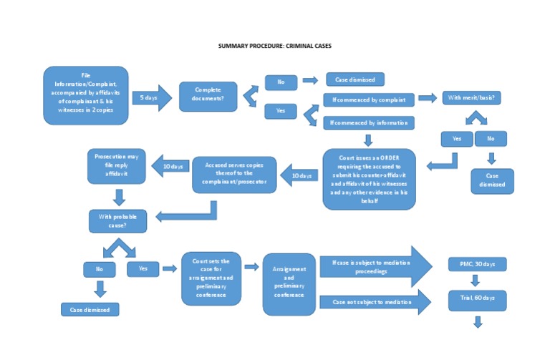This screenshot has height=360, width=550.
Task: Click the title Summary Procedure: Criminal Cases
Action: pos(275,46)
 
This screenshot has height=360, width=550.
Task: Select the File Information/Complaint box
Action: pos(86,96)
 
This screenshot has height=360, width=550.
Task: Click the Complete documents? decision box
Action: pos(208,96)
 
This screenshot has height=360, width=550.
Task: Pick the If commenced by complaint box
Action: pos(368,99)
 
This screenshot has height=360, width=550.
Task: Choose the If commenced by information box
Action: pos(368,122)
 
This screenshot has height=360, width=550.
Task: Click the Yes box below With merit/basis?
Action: pos(456,138)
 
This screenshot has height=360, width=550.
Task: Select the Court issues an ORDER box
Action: pos(369,178)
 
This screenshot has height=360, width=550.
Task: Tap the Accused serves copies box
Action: pos(235,175)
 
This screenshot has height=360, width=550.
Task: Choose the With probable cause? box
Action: pos(118,220)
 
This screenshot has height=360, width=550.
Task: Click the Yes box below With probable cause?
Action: pos(143,269)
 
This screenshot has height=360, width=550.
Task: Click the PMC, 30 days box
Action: pos(477,264)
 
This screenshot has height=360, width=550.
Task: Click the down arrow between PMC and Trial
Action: pos(477,281)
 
